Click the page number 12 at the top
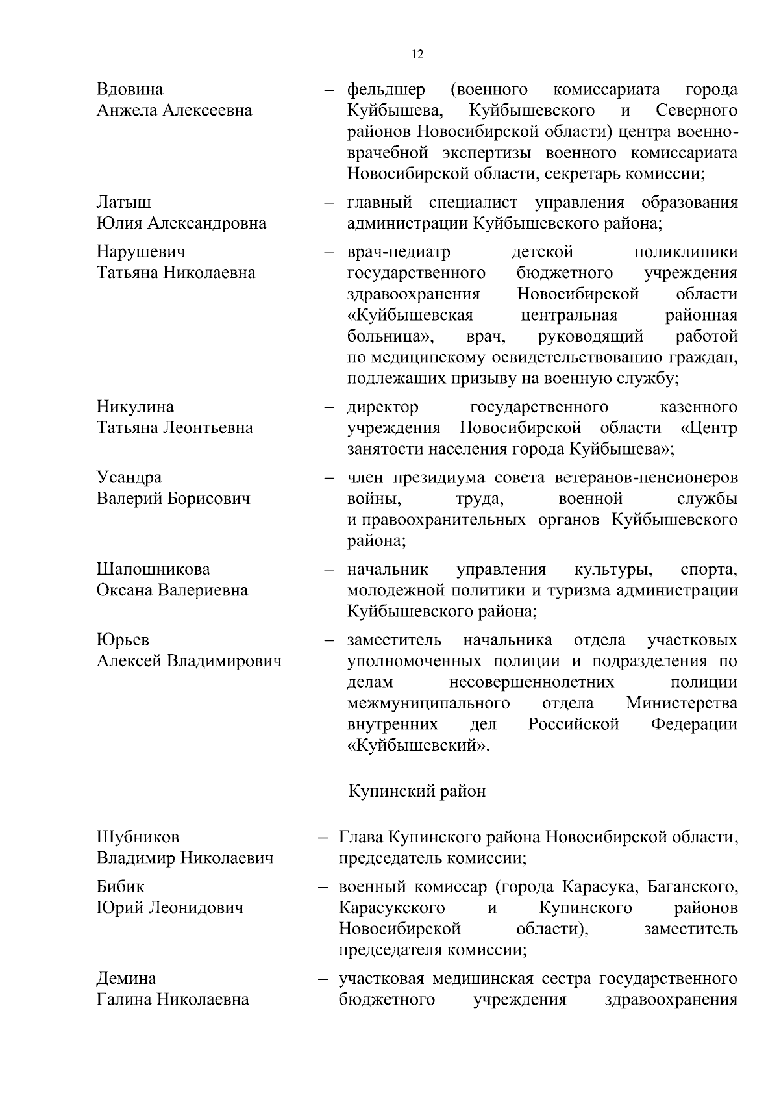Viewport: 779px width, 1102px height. click(417, 55)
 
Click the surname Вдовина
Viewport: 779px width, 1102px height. click(130, 89)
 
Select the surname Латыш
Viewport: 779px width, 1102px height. click(124, 203)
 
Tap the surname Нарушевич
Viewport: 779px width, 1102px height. click(141, 251)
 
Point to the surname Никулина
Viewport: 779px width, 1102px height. click(135, 407)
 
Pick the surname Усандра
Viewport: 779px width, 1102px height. click(129, 477)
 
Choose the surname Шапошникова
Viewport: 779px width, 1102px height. click(153, 569)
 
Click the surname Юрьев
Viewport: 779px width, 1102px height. click(123, 640)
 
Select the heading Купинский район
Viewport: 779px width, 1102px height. click(417, 792)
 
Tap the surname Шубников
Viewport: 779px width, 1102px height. click(138, 836)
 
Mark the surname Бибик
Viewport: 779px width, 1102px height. click(121, 886)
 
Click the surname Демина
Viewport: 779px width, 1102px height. click(126, 978)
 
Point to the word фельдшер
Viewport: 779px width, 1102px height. click(386, 89)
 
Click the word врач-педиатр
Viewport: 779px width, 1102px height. click(399, 251)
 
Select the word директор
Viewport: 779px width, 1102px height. click(383, 407)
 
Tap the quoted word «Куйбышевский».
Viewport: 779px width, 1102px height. click(419, 745)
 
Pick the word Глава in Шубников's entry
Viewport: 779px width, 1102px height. click(360, 836)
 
